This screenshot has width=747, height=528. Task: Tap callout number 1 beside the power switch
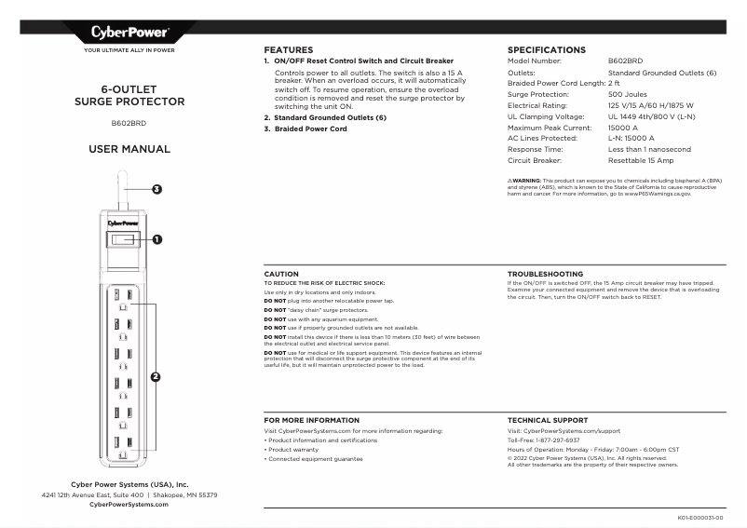(x=157, y=239)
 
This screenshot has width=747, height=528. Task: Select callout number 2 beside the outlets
(x=156, y=377)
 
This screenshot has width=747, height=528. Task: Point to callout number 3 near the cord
(x=157, y=189)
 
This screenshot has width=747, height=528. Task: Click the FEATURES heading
(x=288, y=49)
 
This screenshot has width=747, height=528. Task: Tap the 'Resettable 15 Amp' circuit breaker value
(x=642, y=160)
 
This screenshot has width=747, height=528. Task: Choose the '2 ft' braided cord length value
(x=614, y=83)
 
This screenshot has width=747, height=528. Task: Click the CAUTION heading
(x=281, y=274)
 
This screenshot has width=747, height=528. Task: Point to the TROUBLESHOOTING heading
(x=545, y=274)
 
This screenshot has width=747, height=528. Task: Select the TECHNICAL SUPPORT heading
(x=547, y=421)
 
